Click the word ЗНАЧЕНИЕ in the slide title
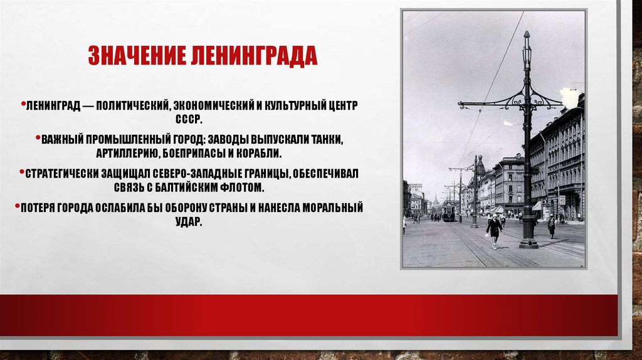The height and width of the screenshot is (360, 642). coord(130,56)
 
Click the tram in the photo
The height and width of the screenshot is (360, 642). coord(448,213)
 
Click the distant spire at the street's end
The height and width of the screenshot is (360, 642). coord(435,199)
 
